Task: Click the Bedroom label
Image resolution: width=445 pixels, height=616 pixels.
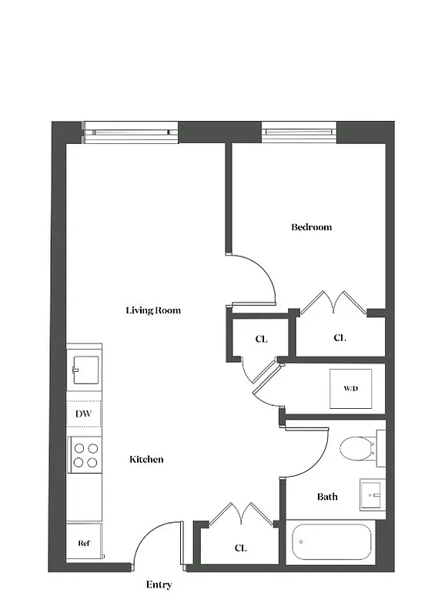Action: [x=311, y=227]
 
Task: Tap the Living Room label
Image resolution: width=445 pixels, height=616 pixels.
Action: [x=153, y=310]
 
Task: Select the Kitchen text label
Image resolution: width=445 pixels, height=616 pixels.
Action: [x=146, y=460]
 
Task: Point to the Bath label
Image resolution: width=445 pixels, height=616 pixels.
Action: [x=327, y=497]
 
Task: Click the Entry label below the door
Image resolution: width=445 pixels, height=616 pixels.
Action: [x=159, y=585]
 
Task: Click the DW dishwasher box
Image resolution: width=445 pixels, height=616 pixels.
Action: [x=84, y=414]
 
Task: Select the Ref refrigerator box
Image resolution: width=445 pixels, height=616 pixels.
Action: [x=84, y=543]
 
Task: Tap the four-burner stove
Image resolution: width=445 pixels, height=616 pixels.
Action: [x=85, y=454]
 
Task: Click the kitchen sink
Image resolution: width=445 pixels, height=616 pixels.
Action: [x=85, y=369]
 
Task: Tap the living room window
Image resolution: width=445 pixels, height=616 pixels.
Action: [x=130, y=132]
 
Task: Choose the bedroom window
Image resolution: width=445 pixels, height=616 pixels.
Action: [x=299, y=132]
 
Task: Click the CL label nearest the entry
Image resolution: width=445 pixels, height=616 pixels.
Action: [x=241, y=548]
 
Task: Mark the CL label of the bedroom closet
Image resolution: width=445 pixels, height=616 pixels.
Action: [x=340, y=338]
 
